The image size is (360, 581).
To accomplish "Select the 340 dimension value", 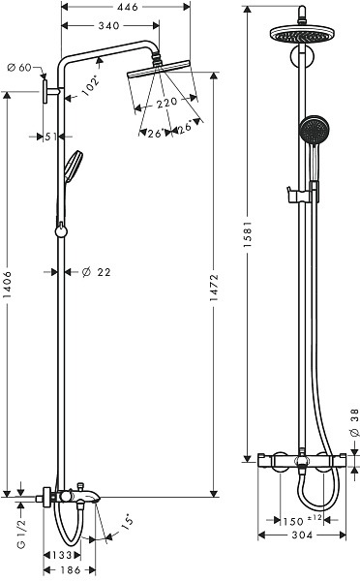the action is [x=109, y=25].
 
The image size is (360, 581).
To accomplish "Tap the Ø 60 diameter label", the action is [x=19, y=68].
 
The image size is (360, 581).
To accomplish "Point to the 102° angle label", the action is [x=92, y=86].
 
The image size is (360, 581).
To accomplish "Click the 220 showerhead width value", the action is [x=166, y=103].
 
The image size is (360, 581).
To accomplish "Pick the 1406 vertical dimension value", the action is [x=7, y=285].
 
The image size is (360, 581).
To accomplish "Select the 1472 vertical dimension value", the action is [x=214, y=288].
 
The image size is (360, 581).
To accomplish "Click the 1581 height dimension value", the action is [x=248, y=234].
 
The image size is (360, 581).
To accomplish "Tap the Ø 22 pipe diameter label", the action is [x=96, y=272].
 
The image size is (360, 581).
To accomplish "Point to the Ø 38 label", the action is [x=354, y=422].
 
